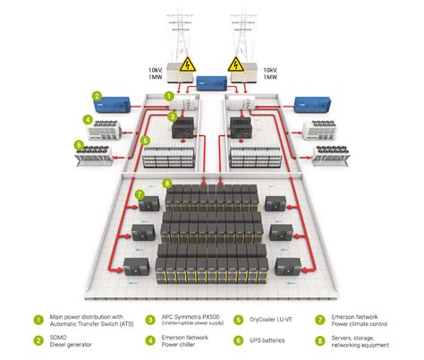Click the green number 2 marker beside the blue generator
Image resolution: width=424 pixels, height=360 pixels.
point(95,96)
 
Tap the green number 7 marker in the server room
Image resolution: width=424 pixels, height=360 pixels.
point(140,194)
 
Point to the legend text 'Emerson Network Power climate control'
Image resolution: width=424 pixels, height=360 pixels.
point(359,321)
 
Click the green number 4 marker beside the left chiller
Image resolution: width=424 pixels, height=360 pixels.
point(87,118)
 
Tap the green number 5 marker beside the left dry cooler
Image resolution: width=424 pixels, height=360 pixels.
point(79,143)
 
